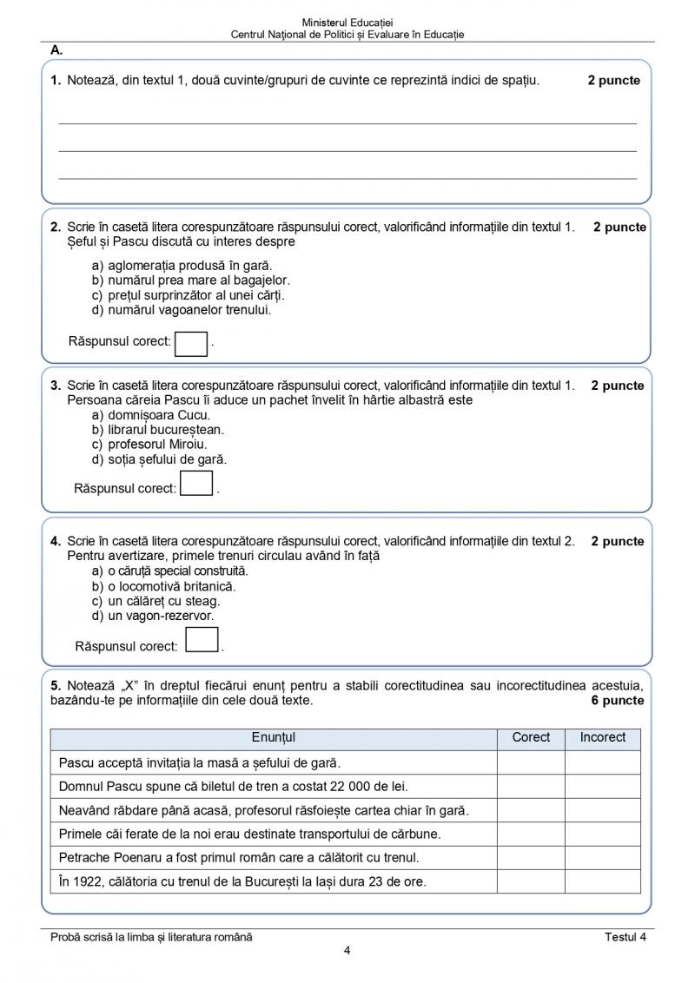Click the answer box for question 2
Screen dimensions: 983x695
click(191, 343)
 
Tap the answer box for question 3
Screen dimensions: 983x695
click(196, 483)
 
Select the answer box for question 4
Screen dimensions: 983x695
click(202, 640)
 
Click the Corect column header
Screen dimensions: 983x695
click(531, 737)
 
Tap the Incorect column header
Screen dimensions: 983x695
click(602, 737)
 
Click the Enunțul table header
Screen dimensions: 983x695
click(274, 737)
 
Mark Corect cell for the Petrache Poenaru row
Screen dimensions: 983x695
click(531, 857)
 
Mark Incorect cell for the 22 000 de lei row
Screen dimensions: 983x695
click(602, 786)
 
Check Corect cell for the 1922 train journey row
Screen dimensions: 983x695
click(531, 881)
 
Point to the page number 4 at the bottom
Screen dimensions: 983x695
click(347, 950)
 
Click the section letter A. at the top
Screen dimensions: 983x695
click(56, 50)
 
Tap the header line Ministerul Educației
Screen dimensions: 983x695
click(347, 21)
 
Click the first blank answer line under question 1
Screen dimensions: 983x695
click(347, 122)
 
